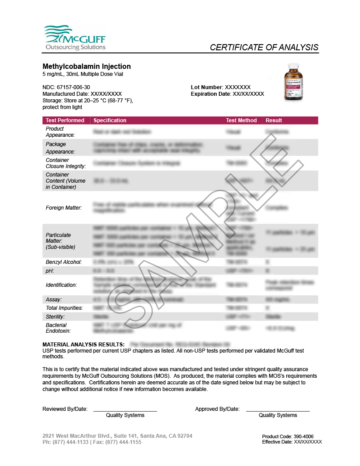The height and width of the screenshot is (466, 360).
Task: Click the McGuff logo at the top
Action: (x=74, y=38)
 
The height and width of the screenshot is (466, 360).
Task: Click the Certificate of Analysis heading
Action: (x=264, y=47)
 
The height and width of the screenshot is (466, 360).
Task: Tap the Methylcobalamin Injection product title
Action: (x=86, y=66)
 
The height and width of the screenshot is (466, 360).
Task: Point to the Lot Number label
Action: (x=207, y=87)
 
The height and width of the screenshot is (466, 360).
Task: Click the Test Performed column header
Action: (x=65, y=120)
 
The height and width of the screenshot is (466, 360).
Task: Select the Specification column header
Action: (x=110, y=120)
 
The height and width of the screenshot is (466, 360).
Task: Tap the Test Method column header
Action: (x=241, y=120)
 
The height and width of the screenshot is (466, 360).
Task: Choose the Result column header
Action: (x=274, y=120)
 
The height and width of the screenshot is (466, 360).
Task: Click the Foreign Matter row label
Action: (x=64, y=207)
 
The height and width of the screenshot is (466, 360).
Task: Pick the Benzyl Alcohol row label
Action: (x=64, y=262)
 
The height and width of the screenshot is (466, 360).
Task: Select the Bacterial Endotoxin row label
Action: (x=59, y=328)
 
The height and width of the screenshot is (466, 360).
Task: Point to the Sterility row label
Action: (x=55, y=317)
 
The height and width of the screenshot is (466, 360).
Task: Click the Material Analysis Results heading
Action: (x=83, y=344)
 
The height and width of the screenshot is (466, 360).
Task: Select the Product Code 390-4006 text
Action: (x=288, y=436)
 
